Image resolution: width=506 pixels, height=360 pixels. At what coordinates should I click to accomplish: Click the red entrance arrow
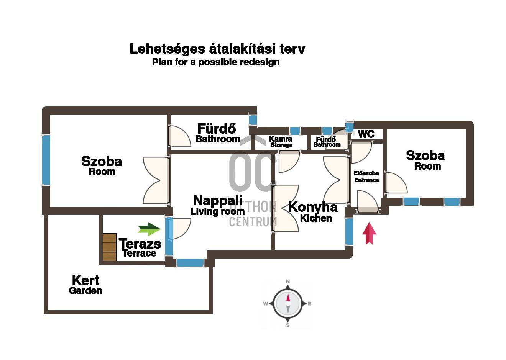(369, 234)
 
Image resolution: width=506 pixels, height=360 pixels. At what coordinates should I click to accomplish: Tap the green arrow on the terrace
(149, 229)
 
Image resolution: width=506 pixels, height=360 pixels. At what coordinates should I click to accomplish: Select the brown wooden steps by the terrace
(110, 247)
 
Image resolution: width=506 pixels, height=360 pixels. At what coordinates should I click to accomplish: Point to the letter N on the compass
(288, 281)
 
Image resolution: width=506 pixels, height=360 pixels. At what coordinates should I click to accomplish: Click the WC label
(366, 134)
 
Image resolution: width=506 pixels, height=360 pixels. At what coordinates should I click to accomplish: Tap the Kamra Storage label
(281, 142)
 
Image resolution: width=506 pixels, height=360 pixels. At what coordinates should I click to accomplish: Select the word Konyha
(313, 207)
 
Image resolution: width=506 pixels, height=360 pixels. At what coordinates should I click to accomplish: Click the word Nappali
(218, 200)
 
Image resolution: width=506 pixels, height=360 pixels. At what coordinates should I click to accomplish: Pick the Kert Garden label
(85, 285)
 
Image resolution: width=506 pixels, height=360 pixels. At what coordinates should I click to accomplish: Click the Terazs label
(140, 244)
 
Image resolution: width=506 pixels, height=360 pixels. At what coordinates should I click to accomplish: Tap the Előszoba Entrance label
(366, 177)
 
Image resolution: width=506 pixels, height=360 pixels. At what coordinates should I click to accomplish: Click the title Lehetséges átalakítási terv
(217, 49)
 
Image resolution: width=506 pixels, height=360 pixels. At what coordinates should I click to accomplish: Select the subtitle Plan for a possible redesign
(216, 62)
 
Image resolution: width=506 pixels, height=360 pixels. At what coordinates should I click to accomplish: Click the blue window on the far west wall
(46, 160)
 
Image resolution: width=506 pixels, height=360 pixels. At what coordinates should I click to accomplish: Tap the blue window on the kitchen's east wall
(349, 232)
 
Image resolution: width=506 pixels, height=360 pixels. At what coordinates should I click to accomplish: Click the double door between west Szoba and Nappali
(156, 180)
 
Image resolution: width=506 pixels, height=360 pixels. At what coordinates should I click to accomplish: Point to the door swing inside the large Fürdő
(179, 136)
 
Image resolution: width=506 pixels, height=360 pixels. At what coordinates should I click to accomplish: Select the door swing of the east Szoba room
(396, 183)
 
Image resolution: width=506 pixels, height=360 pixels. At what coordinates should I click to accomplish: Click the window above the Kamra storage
(295, 131)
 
